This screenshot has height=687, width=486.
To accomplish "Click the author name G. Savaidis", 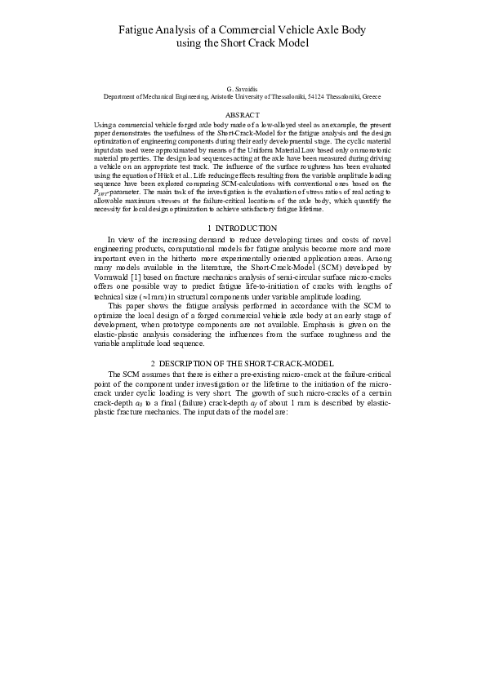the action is pos(242,86).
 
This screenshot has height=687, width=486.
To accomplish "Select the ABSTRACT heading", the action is pos(242,115).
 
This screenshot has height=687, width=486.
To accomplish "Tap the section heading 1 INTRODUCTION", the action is pos(243,227).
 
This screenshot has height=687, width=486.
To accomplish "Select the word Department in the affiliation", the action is pos(121,95).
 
